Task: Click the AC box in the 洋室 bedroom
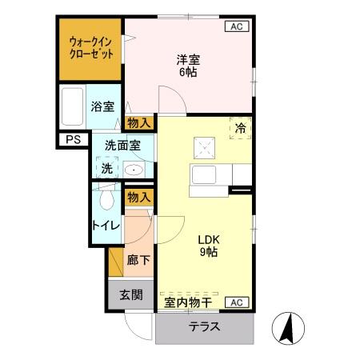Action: pyautogui.click(x=237, y=26)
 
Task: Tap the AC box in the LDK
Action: pyautogui.click(x=237, y=302)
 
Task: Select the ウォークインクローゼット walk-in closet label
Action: pyautogui.click(x=90, y=47)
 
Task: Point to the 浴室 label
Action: pyautogui.click(x=102, y=106)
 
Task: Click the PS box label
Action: pyautogui.click(x=73, y=141)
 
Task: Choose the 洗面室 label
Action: pyautogui.click(x=123, y=145)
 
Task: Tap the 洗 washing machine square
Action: pyautogui.click(x=106, y=168)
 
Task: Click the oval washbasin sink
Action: pyautogui.click(x=134, y=170)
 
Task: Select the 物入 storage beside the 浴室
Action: pyautogui.click(x=140, y=122)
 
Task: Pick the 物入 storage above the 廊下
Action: pyautogui.click(x=139, y=197)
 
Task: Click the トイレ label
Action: pyautogui.click(x=106, y=226)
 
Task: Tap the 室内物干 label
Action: pyautogui.click(x=188, y=302)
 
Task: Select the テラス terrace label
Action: pyautogui.click(x=205, y=328)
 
